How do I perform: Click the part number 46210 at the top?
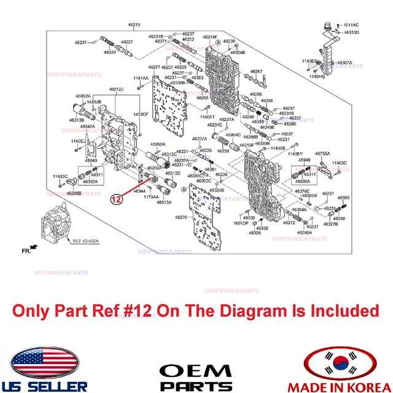click(134, 25)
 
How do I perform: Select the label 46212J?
click(116, 90)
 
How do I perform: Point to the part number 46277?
click(154, 67)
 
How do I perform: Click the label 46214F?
click(211, 37)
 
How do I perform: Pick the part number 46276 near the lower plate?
click(181, 217)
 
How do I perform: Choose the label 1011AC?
click(351, 25)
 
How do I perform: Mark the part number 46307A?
click(344, 63)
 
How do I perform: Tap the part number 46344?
click(139, 191)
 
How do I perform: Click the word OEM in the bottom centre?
click(196, 371)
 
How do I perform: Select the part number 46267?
click(256, 72)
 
